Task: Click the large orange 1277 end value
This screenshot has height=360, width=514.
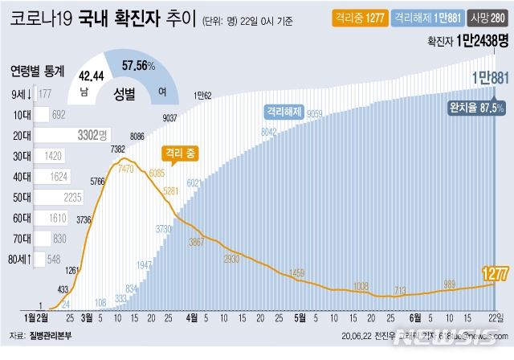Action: pos(495,274)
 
